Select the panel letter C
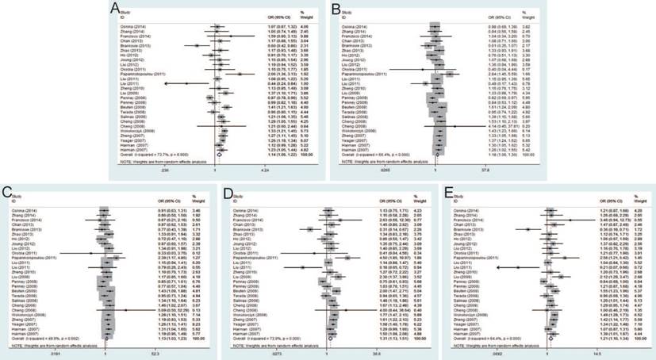8,193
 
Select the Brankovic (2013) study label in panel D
255,230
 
